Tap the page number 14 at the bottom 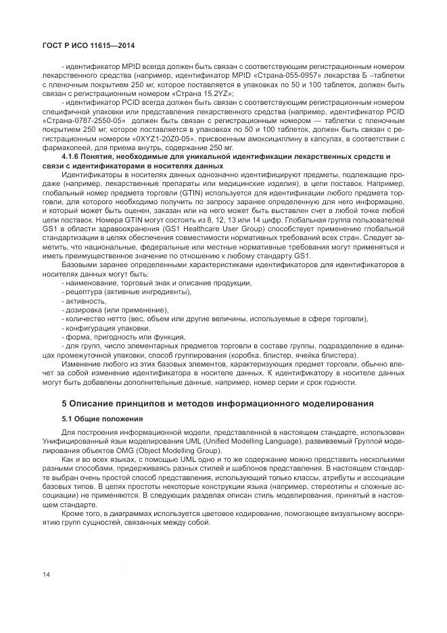click(46, 574)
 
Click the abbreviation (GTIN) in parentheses click(174, 191)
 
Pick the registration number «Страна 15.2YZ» click(206, 93)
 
